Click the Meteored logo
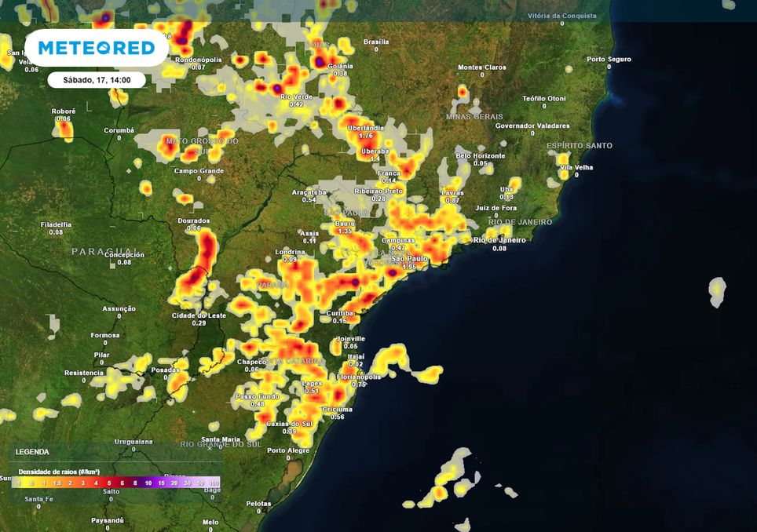click(97, 48)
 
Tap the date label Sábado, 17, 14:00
click(96, 79)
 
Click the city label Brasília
click(376, 42)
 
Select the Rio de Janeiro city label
click(499, 239)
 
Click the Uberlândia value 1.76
click(365, 136)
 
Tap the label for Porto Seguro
click(609, 59)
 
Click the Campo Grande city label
click(199, 170)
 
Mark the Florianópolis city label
click(359, 377)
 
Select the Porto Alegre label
click(288, 450)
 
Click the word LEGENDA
click(32, 452)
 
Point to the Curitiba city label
click(340, 312)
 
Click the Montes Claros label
click(482, 67)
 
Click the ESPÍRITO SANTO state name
click(580, 146)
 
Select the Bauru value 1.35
click(345, 231)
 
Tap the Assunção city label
click(119, 308)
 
